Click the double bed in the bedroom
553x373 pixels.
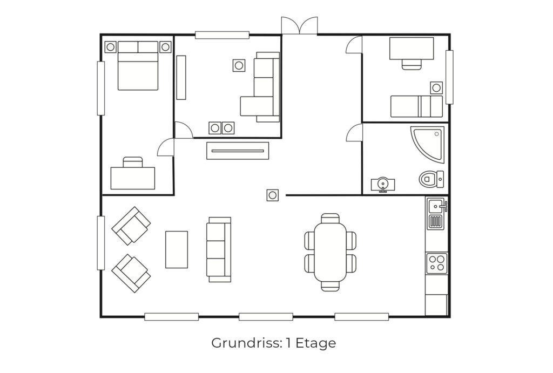click(x=138, y=65)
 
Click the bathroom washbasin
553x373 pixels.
click(x=383, y=185)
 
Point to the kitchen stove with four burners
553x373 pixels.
click(x=436, y=263)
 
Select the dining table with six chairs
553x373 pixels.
click(x=331, y=252)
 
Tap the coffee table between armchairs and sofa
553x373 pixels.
click(x=177, y=249)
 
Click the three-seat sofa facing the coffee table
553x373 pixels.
click(x=219, y=249)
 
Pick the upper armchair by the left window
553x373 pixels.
click(x=131, y=226)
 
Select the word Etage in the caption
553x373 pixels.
click(x=315, y=343)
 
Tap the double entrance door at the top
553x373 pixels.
click(x=299, y=25)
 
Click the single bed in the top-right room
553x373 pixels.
click(x=416, y=106)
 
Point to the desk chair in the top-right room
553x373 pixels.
click(x=412, y=64)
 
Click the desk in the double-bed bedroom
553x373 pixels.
click(x=133, y=178)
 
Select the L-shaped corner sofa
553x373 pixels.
click(x=260, y=87)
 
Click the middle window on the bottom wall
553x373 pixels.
click(x=266, y=317)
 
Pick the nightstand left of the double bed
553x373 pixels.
click(x=110, y=46)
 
